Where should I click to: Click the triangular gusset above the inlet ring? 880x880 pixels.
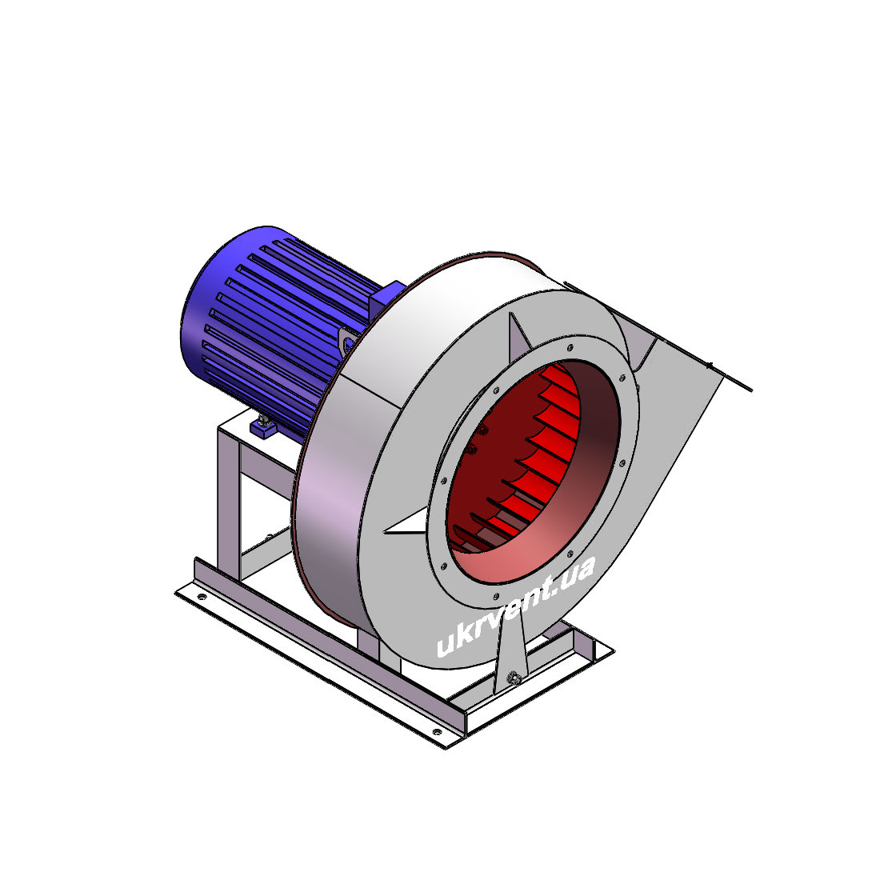pos(518,334)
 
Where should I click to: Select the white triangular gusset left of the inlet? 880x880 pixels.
pos(406,522)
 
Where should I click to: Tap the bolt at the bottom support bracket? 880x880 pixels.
pos(513,678)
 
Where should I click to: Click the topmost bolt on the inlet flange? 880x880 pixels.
pos(570,348)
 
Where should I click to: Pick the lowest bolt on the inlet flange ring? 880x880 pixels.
pos(495,596)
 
